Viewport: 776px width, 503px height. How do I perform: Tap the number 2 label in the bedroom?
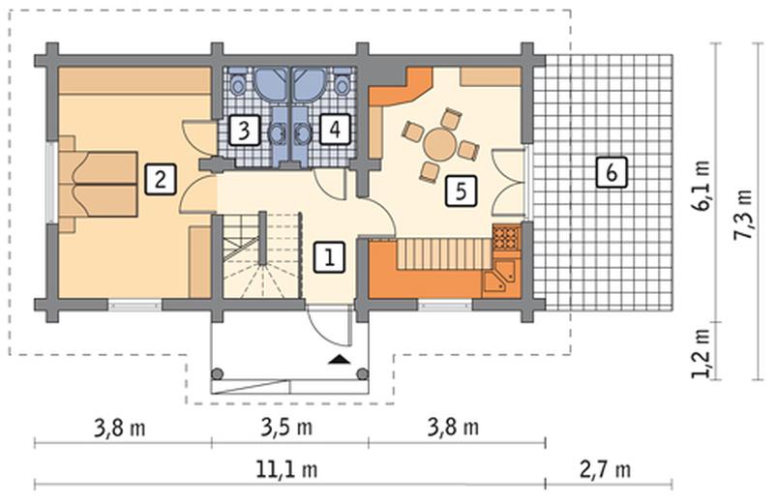point(161,180)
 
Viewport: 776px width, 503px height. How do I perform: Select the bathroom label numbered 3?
point(244,131)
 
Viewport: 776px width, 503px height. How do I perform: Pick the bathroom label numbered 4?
point(335,130)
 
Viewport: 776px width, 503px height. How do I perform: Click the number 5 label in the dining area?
point(461,191)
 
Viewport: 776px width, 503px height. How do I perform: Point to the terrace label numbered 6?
point(612,172)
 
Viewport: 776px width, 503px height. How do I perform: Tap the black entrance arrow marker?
point(339,359)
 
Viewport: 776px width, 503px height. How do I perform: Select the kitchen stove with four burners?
point(506,236)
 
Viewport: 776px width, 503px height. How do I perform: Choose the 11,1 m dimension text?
point(287,469)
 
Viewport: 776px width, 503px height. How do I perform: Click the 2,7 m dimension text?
point(606,469)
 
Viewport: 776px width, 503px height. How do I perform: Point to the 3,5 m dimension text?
point(287,427)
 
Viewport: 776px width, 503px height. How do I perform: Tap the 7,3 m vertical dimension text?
point(743,215)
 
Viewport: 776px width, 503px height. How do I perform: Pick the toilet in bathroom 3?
point(238,83)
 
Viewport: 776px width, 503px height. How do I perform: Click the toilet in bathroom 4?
point(342,83)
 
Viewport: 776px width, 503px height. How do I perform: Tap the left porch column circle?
point(218,373)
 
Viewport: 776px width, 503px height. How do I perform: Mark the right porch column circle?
point(363,373)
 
